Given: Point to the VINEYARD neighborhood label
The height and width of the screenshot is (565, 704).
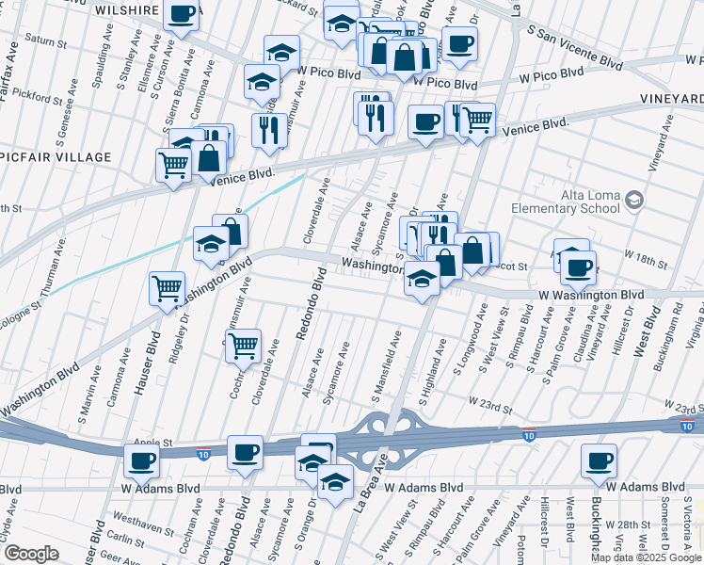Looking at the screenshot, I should (x=671, y=98).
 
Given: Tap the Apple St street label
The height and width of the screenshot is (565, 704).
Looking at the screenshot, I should (x=155, y=442).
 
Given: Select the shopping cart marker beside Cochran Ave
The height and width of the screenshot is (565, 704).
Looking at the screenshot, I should (x=244, y=346).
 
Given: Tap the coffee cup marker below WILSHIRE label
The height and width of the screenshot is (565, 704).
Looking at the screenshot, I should (x=182, y=14).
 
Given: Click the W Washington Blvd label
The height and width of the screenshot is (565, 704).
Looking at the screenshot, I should (x=591, y=295).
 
